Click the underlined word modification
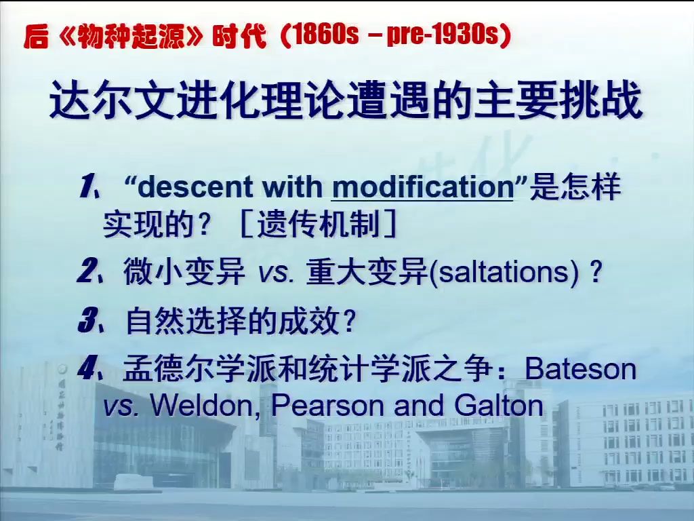(x=422, y=188)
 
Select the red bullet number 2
(x=87, y=273)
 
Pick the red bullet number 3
(x=87, y=322)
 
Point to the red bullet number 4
(x=87, y=370)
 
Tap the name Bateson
(x=581, y=370)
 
